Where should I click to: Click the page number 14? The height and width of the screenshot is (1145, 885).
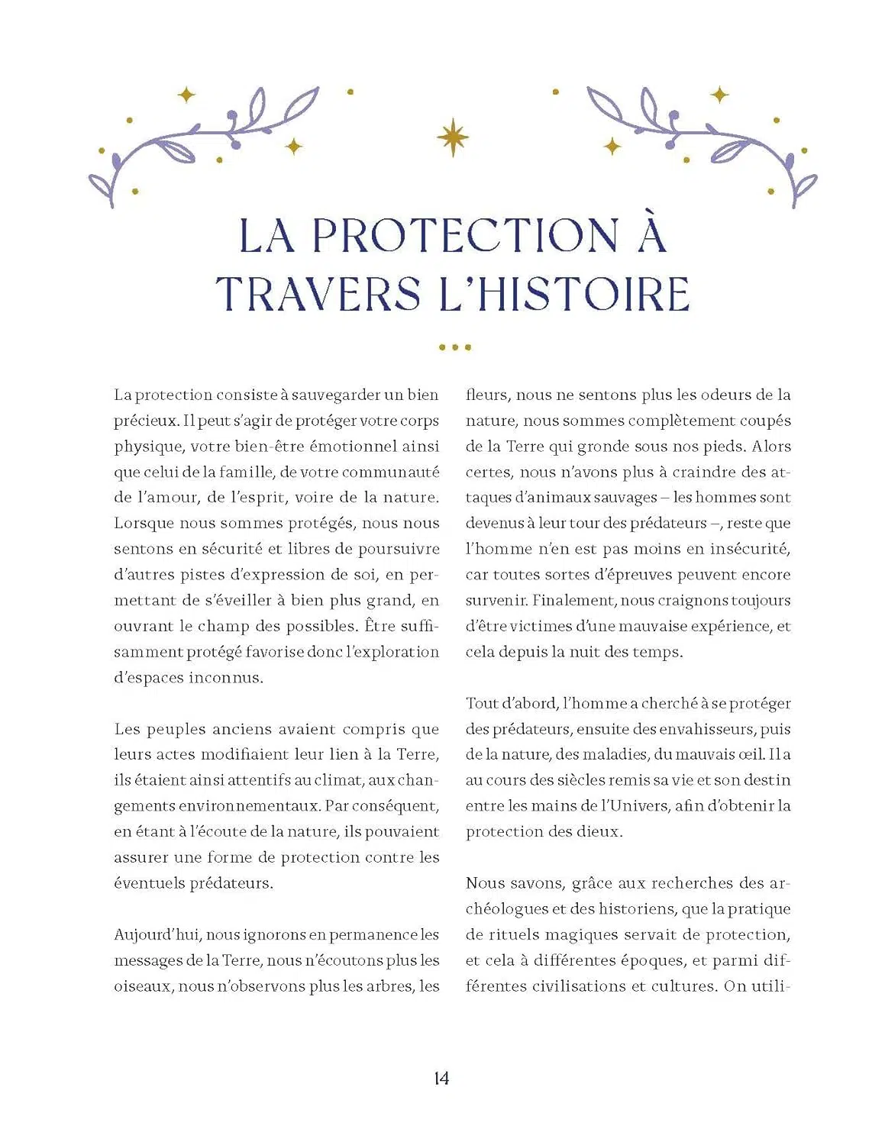pyautogui.click(x=441, y=1078)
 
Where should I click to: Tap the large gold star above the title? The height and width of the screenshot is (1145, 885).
pyautogui.click(x=453, y=137)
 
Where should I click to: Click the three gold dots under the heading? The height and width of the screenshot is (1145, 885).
pyautogui.click(x=455, y=347)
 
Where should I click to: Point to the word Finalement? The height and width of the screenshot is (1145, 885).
pyautogui.click(x=573, y=600)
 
